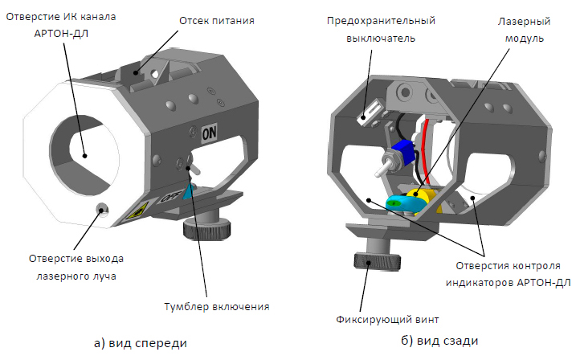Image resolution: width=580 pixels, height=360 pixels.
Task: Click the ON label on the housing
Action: pos(209,133)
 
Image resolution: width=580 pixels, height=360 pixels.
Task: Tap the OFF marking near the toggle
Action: pos(171,196)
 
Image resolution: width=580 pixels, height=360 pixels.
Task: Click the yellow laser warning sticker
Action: pos(137,211)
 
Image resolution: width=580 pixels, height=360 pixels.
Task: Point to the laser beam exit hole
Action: pos(101,209)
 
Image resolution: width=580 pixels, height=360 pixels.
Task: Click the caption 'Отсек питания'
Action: pos(217,21)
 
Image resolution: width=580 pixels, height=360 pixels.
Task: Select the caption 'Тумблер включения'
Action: pos(217,307)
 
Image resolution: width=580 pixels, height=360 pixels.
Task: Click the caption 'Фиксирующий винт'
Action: pos(387,319)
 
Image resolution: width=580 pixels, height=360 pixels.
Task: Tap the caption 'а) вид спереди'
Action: pos(141,343)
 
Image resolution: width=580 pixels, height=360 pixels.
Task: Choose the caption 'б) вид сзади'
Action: pos(439,341)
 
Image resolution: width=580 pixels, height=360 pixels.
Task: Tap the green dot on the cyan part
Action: pos(395,202)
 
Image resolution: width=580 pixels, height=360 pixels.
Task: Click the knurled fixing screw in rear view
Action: pos(378,261)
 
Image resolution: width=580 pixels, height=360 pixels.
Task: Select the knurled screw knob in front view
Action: pos(207,228)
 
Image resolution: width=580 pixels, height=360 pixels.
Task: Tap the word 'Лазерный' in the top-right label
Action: pos(524,22)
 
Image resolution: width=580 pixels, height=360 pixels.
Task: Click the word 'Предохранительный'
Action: pos(381,21)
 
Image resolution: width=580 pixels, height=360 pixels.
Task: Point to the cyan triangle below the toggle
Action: pos(189,191)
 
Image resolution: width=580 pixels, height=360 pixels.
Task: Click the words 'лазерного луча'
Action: pos(76,276)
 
